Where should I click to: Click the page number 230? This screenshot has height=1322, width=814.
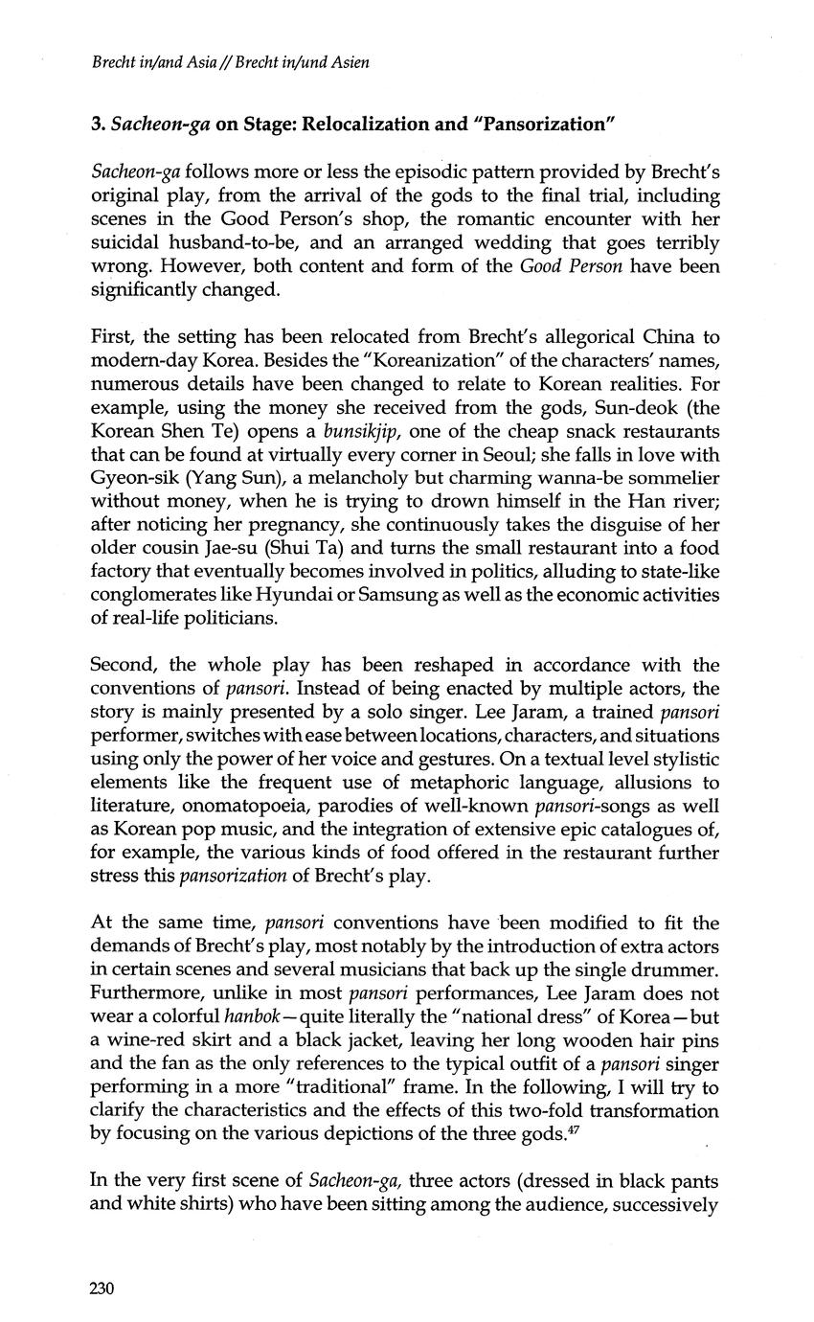click(102, 1288)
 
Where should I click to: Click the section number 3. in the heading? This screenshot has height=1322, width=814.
click(97, 124)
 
